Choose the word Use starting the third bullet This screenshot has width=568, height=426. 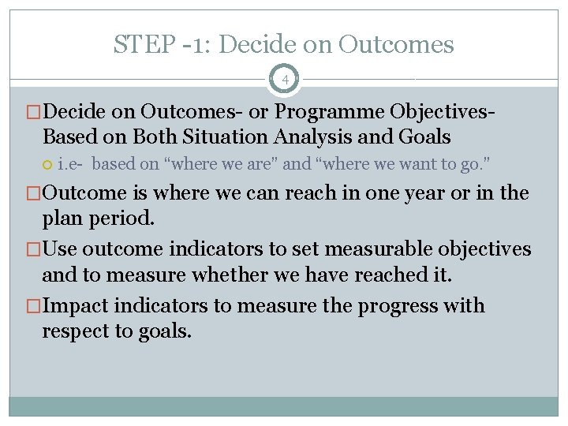(x=61, y=250)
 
